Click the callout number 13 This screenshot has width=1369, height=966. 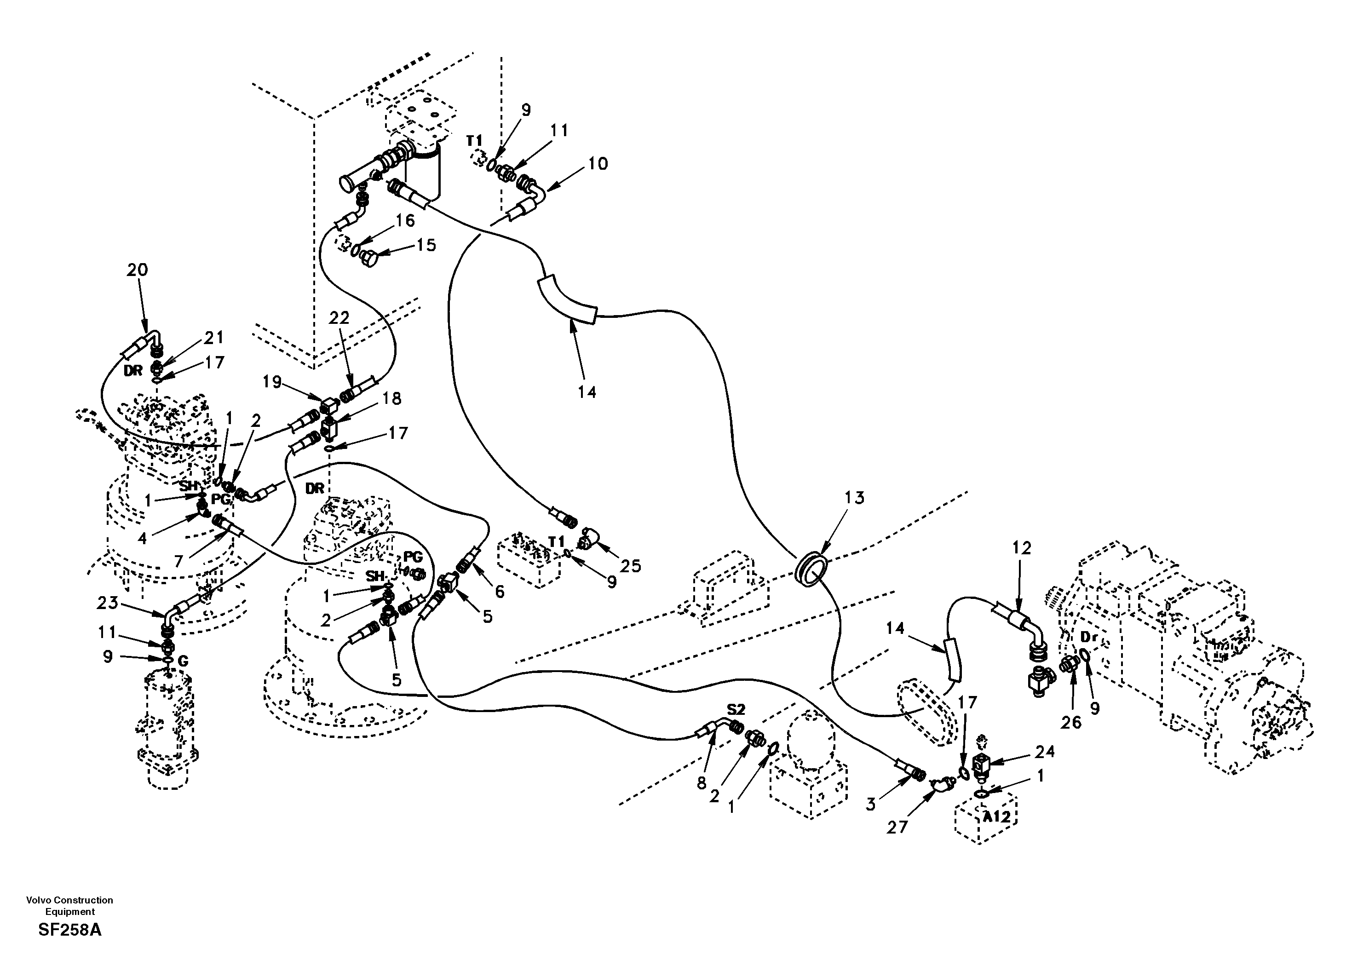click(x=854, y=498)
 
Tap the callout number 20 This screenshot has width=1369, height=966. click(x=137, y=270)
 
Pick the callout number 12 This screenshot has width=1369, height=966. click(x=1021, y=548)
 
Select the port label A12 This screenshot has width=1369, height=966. click(x=996, y=816)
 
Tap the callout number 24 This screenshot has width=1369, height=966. click(x=1045, y=752)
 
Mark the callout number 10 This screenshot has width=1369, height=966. click(x=598, y=163)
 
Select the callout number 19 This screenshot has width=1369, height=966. click(x=272, y=382)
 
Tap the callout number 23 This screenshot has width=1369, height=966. click(x=107, y=603)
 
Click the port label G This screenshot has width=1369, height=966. click(x=183, y=661)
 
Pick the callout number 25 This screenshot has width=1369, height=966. click(x=630, y=566)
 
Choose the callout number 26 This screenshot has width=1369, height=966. click(x=1071, y=722)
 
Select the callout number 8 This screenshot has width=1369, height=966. click(x=702, y=782)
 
